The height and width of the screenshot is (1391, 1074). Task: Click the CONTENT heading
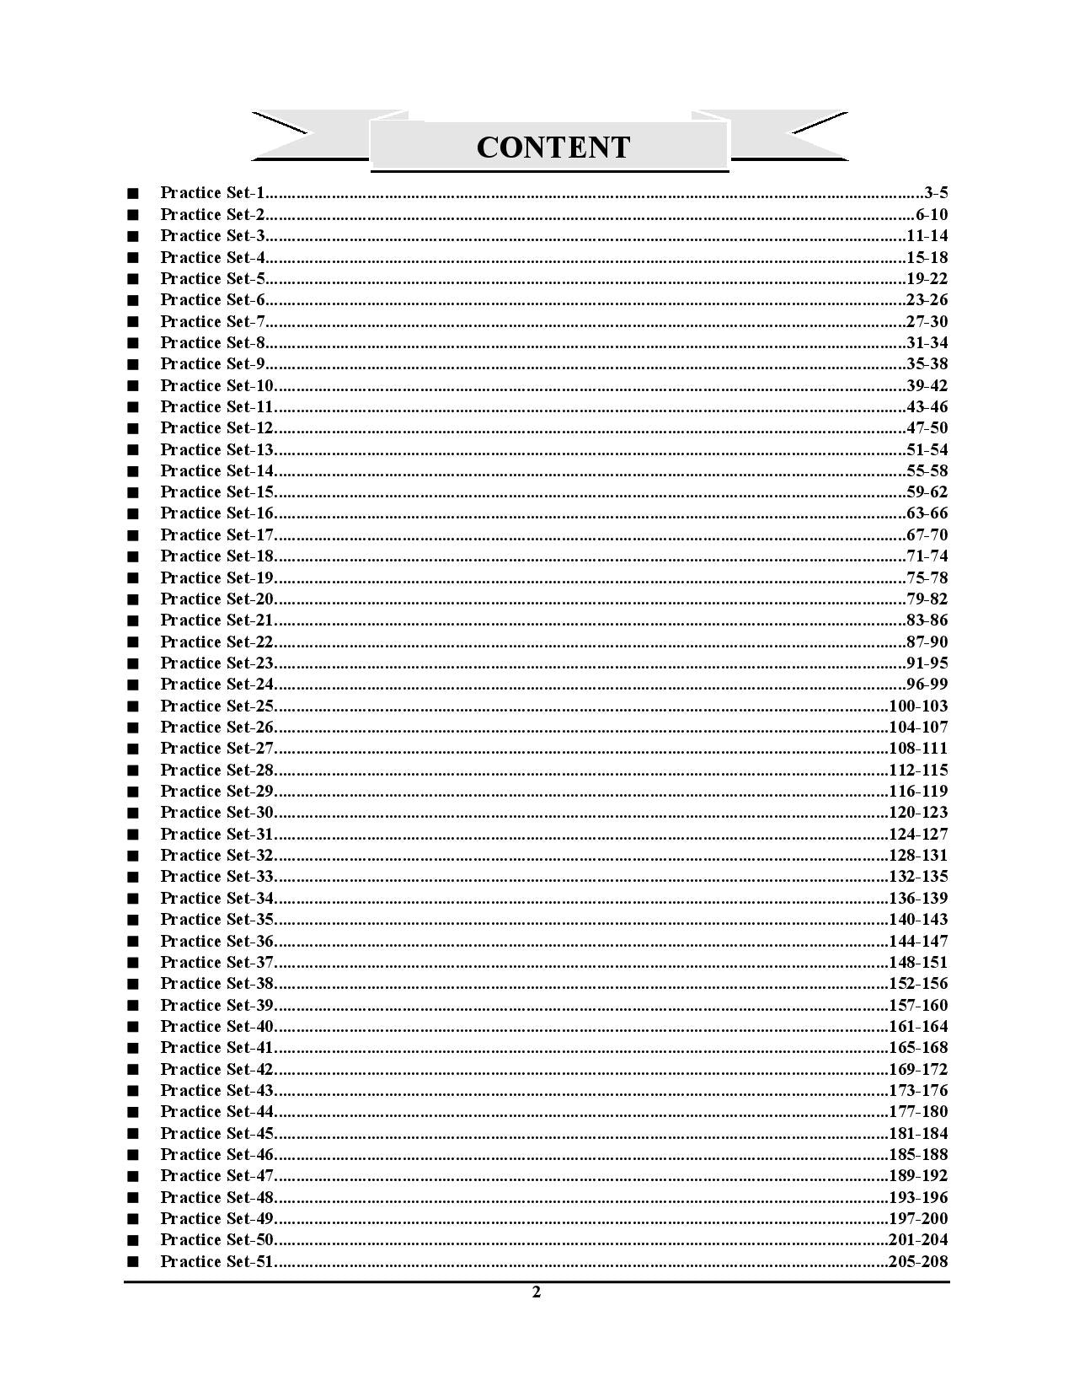(x=553, y=147)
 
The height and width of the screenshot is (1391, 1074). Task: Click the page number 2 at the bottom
(x=537, y=1292)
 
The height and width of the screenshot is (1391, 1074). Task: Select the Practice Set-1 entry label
(x=212, y=193)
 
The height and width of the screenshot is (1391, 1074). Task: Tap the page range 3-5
(x=936, y=193)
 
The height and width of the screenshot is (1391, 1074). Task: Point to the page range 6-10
(x=932, y=214)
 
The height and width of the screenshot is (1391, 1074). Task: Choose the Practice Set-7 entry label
(x=212, y=321)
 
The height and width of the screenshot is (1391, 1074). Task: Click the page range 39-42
(x=927, y=385)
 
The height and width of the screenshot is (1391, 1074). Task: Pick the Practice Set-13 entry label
(x=217, y=449)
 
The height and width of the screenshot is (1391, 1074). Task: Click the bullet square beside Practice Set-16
(x=132, y=514)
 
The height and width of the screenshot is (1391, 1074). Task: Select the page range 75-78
(x=927, y=577)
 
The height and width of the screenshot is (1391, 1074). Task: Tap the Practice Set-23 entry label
(x=217, y=663)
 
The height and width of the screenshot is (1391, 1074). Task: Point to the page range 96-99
(x=927, y=684)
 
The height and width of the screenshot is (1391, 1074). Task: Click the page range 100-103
(x=918, y=706)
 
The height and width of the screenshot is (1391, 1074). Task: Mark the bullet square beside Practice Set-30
(x=132, y=814)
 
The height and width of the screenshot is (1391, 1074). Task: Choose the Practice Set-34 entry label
(x=217, y=898)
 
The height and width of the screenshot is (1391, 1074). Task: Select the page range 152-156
(x=918, y=983)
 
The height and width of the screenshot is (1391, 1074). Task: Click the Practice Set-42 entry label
(x=217, y=1069)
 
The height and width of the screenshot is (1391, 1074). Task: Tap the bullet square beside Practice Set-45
(x=132, y=1134)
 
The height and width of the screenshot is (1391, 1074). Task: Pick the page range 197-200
(x=918, y=1218)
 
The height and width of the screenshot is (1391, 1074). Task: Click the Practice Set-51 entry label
(x=217, y=1261)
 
